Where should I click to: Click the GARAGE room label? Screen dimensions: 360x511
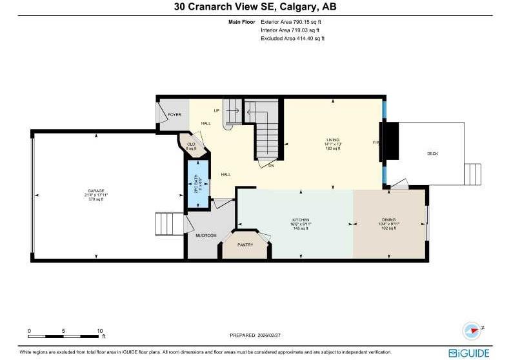pos(95,191)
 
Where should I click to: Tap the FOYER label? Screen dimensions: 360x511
pos(174,115)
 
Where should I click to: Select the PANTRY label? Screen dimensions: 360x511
pos(245,245)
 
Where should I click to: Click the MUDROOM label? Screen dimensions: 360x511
pos(206,235)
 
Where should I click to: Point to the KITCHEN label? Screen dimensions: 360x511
pos(301,220)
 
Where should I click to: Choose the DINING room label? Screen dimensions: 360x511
pos(388,220)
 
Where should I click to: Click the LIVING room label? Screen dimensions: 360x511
pos(333,139)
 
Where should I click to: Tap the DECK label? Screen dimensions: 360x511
pos(432,154)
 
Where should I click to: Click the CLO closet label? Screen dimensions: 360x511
pos(191,144)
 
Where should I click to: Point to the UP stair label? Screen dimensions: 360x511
pos(217,110)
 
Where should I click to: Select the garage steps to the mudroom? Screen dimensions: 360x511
pos(169,225)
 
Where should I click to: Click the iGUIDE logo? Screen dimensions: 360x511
pos(471,352)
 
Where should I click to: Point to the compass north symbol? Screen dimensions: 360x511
pos(472,330)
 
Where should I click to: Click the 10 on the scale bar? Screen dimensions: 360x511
pos(100,330)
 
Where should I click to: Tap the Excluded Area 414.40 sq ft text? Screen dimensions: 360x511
pos(292,38)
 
